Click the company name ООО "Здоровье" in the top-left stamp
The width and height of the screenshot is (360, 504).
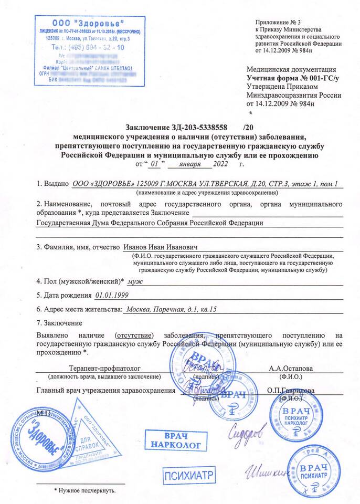pos(88,24)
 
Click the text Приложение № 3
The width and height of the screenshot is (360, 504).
pos(278,22)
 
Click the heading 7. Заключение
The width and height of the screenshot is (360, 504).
pos(59,322)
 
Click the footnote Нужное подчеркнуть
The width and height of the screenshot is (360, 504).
pos(87,491)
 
